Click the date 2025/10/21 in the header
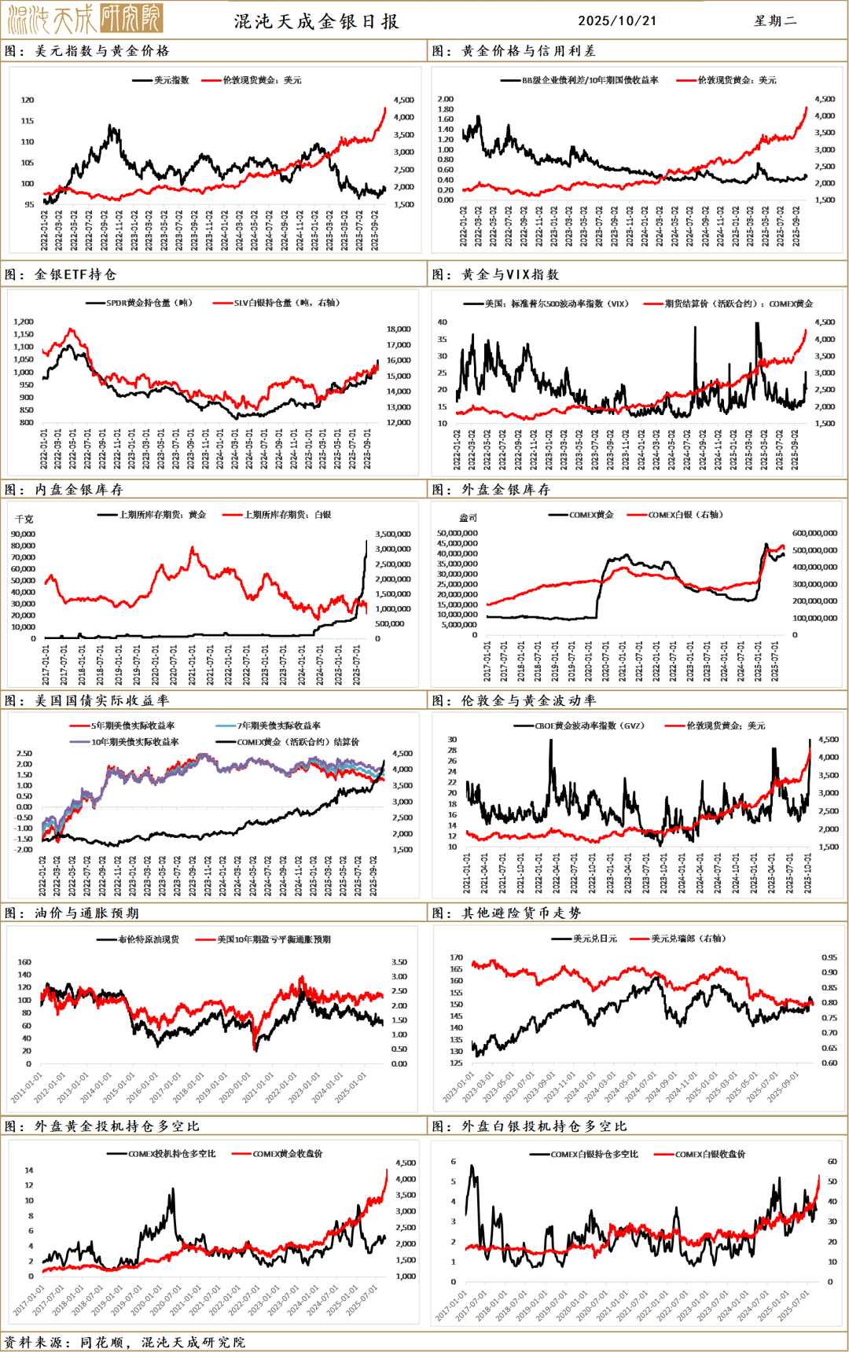point(617,21)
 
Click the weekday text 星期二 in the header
point(775,21)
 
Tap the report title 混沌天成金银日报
point(317,21)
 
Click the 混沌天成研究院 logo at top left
point(85,18)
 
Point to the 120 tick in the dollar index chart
point(28,100)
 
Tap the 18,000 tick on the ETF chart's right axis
point(399,329)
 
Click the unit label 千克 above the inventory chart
point(24,520)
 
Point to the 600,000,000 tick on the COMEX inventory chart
point(814,533)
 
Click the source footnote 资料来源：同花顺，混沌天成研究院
point(125,1342)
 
